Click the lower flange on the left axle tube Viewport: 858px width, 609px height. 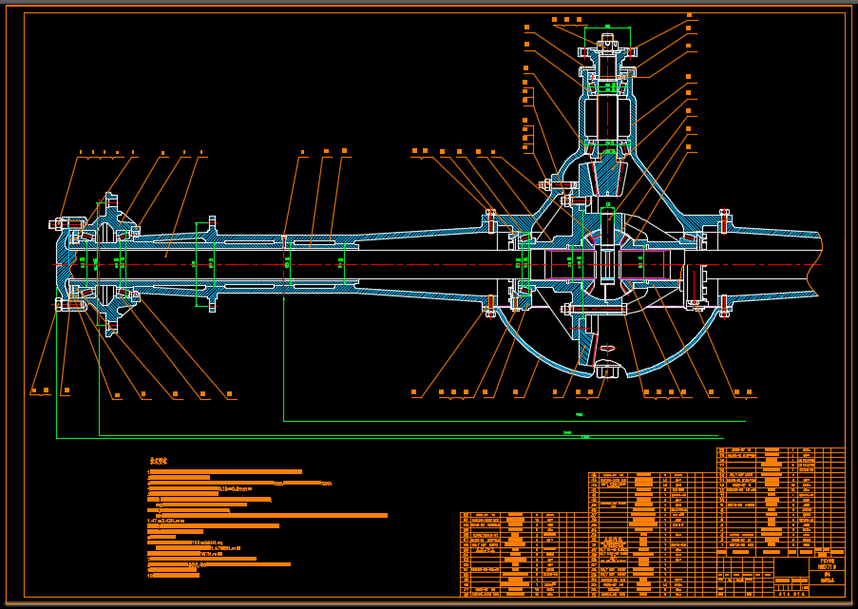(x=211, y=301)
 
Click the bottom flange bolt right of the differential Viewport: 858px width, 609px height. (x=724, y=306)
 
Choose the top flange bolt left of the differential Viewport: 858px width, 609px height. (x=490, y=219)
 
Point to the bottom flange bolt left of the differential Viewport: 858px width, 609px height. (x=490, y=306)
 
